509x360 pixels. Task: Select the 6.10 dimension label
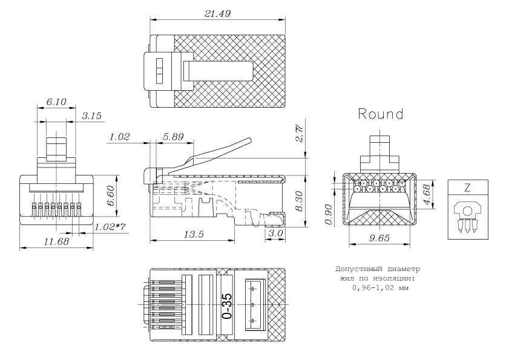tap(56, 104)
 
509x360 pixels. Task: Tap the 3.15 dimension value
tap(92, 116)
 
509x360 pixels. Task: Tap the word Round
tap(381, 114)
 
